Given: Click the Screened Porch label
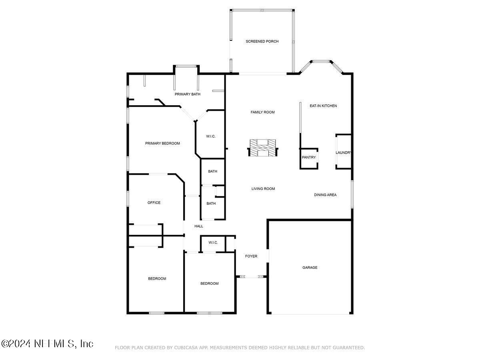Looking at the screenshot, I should click(x=262, y=41).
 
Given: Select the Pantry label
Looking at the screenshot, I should click(x=309, y=157).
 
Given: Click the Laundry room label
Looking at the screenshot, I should click(x=344, y=152).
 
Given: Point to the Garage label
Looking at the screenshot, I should click(x=310, y=267).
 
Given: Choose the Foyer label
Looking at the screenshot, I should click(x=251, y=256).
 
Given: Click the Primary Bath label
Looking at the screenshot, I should click(x=187, y=94).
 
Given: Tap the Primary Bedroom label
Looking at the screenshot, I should click(x=162, y=143).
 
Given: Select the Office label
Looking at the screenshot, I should click(x=154, y=202).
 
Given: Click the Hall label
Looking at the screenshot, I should click(x=199, y=226).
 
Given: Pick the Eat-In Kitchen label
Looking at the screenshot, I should click(x=323, y=106).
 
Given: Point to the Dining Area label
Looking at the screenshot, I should click(x=325, y=195).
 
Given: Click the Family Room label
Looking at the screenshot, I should click(x=263, y=112).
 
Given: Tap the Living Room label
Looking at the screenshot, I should click(x=263, y=188).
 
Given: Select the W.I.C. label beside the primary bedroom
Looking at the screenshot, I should click(x=211, y=136).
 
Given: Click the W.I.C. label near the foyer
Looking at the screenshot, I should click(x=213, y=242).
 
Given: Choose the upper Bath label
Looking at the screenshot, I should click(x=212, y=171).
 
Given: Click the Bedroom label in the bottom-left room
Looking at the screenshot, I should click(x=157, y=278).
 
